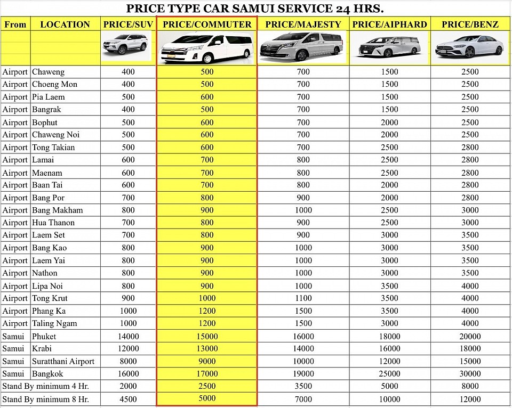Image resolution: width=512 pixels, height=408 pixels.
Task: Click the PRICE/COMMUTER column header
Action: (207, 24)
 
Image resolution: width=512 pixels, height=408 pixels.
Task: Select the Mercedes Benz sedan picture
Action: (469, 47)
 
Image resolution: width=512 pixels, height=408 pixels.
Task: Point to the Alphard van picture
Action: (389, 47)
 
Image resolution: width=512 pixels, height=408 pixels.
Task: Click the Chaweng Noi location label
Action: (55, 135)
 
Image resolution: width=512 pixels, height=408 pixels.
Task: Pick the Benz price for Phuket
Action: (470, 336)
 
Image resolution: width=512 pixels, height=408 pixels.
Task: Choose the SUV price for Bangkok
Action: (128, 374)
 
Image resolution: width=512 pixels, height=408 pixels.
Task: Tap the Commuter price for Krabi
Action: (207, 348)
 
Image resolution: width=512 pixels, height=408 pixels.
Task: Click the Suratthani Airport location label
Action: (63, 361)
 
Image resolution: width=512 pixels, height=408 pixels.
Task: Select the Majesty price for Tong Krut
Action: (303, 298)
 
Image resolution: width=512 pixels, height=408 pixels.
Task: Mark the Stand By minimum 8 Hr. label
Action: (45, 399)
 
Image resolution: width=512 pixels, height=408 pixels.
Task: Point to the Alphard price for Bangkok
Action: (389, 374)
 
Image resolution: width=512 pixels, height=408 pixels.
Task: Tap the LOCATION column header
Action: (65, 24)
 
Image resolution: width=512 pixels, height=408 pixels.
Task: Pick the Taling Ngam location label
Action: (54, 323)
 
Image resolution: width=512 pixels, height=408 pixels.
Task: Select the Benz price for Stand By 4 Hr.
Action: (470, 386)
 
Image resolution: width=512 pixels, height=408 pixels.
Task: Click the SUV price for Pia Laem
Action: (128, 97)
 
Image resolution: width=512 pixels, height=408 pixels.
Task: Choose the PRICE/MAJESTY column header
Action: (303, 24)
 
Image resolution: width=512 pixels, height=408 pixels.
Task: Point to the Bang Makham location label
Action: (57, 210)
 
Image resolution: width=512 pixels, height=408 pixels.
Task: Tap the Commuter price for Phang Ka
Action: (207, 311)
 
